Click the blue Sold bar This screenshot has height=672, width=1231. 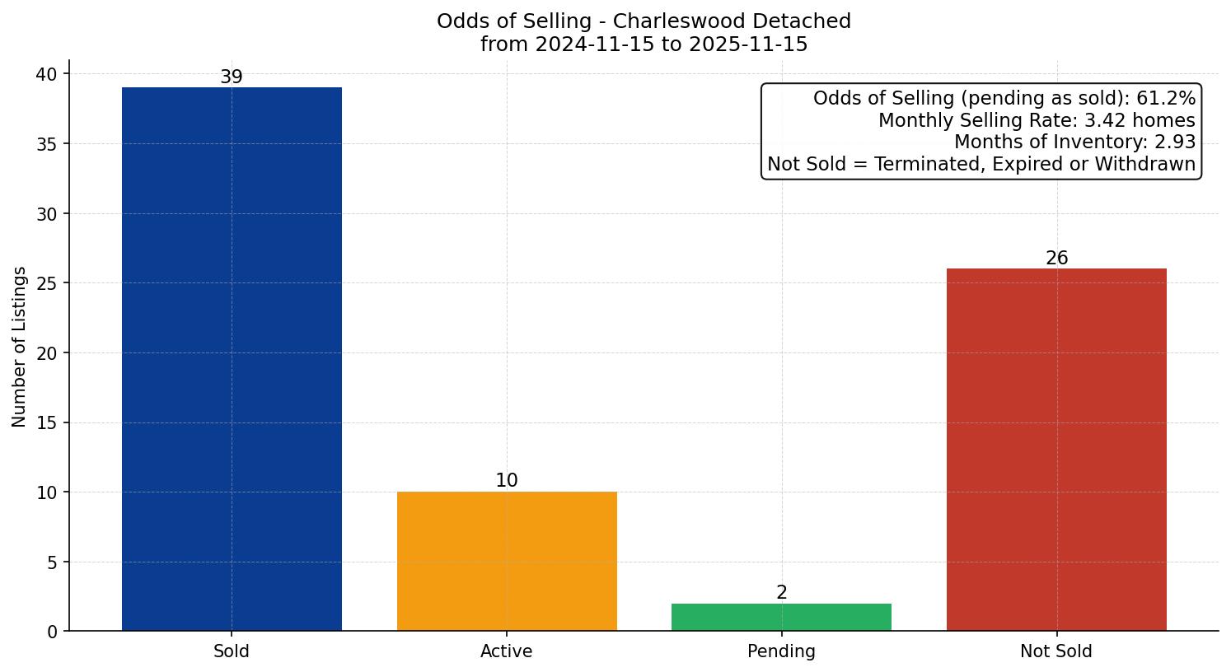232,359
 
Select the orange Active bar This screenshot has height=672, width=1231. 507,562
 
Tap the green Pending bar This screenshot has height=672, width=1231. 781,618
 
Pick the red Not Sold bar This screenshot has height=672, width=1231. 1056,450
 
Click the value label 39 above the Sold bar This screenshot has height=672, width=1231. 232,77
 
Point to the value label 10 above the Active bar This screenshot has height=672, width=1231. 507,481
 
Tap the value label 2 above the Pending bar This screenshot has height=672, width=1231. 781,593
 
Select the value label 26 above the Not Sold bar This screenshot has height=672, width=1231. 1056,259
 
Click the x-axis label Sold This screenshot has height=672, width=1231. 232,651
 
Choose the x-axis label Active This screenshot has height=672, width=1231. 507,651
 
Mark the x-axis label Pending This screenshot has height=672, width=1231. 781,651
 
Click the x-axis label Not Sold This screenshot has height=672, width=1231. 1056,651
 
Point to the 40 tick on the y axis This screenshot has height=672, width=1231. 46,74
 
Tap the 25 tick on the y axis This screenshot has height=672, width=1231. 46,283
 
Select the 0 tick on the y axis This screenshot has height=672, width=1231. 52,632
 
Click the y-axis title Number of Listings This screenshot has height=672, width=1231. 20,347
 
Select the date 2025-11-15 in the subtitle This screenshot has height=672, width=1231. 749,44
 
